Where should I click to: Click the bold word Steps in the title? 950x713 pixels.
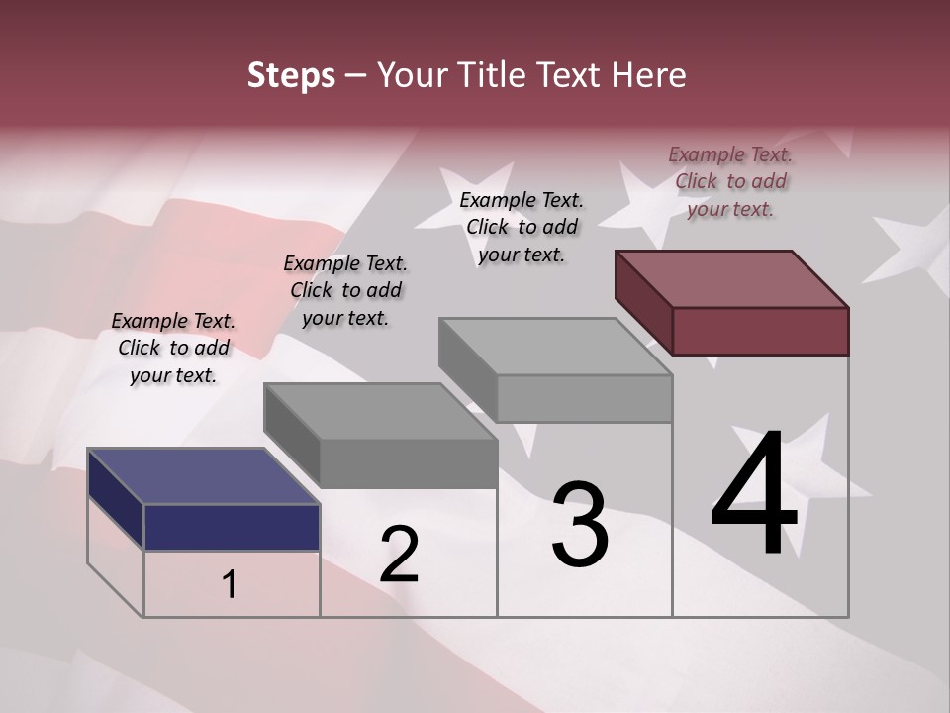point(291,75)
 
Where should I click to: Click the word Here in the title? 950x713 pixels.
point(649,75)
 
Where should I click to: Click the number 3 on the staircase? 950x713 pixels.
point(580,525)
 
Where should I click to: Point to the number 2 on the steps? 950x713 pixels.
point(399,554)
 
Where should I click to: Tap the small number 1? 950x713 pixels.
point(230,585)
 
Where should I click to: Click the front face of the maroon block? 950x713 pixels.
point(760,331)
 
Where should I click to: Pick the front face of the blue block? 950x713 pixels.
point(232,527)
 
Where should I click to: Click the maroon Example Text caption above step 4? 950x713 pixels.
point(730,181)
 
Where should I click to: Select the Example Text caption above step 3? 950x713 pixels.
point(522,227)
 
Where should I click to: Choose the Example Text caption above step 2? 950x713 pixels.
point(345,290)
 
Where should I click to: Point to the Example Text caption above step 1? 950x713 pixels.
point(173,348)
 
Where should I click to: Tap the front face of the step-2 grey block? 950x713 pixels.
point(408,463)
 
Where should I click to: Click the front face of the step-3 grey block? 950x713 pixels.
point(584,399)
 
